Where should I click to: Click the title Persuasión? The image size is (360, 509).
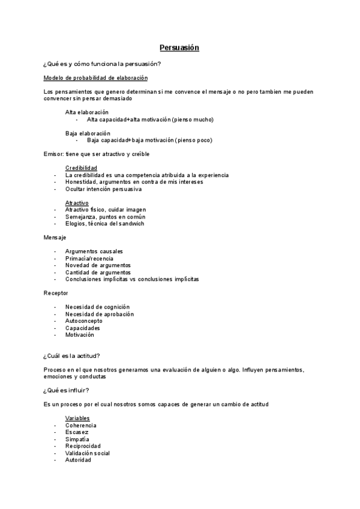pos(179,47)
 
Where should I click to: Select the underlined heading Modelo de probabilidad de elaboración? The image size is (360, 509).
pos(96,78)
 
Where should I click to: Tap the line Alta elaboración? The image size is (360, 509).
pos(87,112)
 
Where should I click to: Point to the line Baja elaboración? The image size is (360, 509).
pos(88,133)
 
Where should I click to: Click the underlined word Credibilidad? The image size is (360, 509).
pos(82,167)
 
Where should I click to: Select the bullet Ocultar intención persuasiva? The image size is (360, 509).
pos(103,189)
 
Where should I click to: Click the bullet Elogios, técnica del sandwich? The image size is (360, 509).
pos(104,224)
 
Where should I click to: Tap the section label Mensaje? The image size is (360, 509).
pos(55,238)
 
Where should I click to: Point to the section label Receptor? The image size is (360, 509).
pos(56,293)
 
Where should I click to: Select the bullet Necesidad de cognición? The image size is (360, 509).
pos(97,307)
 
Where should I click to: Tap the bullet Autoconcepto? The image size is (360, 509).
pos(84,321)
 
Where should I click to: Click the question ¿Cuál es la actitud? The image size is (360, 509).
pos(71,356)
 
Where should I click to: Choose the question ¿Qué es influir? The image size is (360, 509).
pos(67,390)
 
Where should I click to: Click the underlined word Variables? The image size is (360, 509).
pos(78,418)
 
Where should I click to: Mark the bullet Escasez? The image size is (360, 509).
pos(77,432)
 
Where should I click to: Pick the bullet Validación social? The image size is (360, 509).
pos(88,453)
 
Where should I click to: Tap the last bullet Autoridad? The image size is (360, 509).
pos(79,460)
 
